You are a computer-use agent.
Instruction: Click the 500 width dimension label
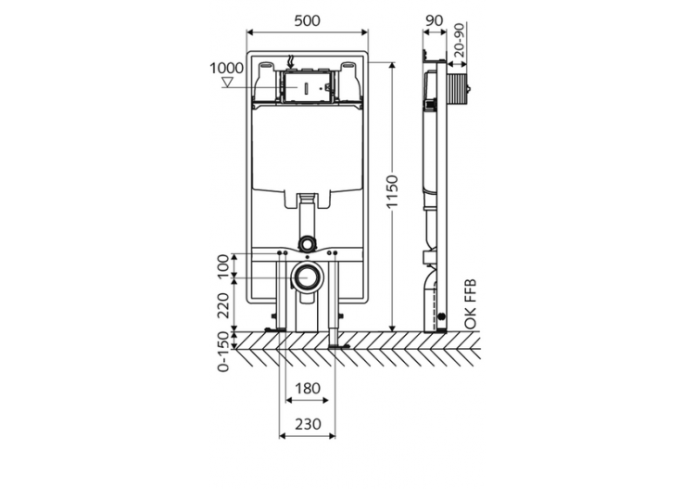pyautogui.click(x=307, y=19)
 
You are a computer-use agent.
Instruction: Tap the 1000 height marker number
pyautogui.click(x=226, y=69)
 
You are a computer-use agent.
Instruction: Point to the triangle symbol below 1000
pyautogui.click(x=228, y=83)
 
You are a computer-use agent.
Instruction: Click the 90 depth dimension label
pyautogui.click(x=434, y=19)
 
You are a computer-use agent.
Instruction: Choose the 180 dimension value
pyautogui.click(x=307, y=388)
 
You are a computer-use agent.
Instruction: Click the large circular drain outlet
pyautogui.click(x=307, y=277)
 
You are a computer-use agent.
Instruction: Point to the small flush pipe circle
pyautogui.click(x=307, y=243)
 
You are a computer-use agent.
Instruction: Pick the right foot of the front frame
pyautogui.click(x=338, y=347)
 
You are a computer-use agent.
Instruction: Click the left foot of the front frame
pyautogui.click(x=273, y=328)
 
